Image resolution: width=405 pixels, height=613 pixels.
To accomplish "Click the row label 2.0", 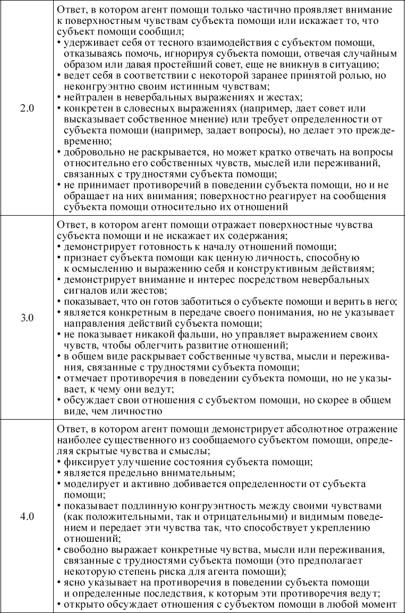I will tap(27, 108).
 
